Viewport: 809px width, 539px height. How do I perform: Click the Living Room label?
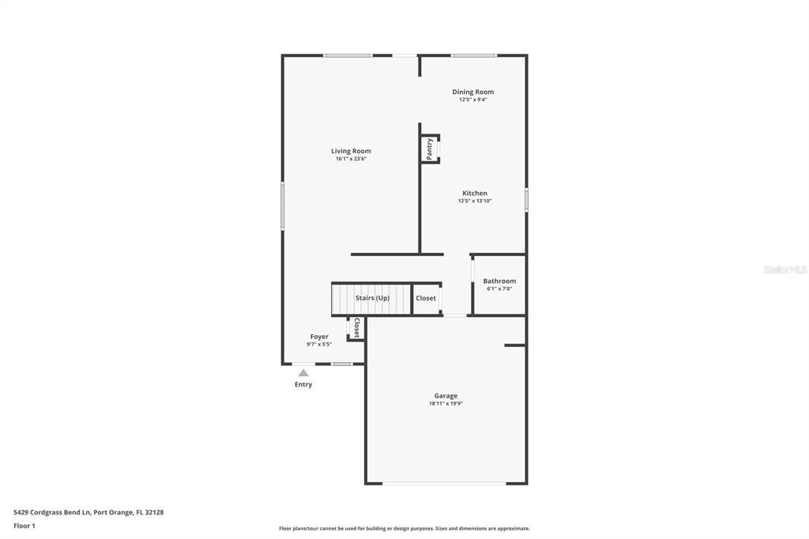pos(351,151)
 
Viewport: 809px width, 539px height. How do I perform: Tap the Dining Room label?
pos(472,92)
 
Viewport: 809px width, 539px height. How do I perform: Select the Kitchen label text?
pos(474,193)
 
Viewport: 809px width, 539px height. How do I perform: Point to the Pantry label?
pos(430,149)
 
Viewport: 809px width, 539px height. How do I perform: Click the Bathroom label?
pos(499,281)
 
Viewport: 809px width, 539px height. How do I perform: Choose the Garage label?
pos(446,396)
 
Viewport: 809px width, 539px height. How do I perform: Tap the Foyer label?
pos(319,337)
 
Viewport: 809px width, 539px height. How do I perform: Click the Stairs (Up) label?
pos(372,298)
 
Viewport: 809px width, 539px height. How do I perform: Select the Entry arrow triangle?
pos(303,373)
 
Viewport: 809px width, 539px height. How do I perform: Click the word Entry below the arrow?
pos(303,385)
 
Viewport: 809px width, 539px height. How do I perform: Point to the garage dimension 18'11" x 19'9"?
pos(446,404)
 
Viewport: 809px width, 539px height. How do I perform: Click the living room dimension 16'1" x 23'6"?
pos(351,159)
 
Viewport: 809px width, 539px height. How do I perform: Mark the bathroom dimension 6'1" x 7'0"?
pos(499,288)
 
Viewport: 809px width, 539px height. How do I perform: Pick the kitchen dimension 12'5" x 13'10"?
pos(474,201)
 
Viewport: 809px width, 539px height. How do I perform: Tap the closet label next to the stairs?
pos(426,298)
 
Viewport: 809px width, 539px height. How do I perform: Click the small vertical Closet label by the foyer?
pos(356,328)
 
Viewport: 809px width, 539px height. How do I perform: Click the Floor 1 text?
pos(24,526)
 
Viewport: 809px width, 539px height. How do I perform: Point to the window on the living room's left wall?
pos(283,206)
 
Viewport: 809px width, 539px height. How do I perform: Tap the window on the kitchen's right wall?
pos(526,199)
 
